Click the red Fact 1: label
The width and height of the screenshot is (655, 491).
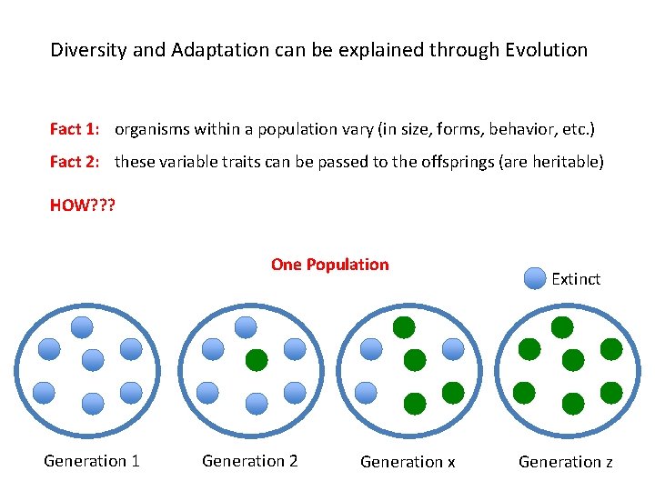pos(75,129)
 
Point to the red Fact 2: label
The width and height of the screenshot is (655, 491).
pos(75,162)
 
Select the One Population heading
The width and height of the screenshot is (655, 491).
pos(329,265)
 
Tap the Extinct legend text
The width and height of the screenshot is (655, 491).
pos(576,279)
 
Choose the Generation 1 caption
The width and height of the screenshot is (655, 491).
pos(92,461)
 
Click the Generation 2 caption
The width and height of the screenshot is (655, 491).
pos(250,461)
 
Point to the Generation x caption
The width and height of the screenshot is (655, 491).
pos(408,462)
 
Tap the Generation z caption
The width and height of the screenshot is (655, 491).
pos(566,462)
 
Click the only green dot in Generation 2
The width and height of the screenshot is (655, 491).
pos(257,360)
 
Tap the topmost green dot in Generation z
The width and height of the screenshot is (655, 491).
pos(562,327)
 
